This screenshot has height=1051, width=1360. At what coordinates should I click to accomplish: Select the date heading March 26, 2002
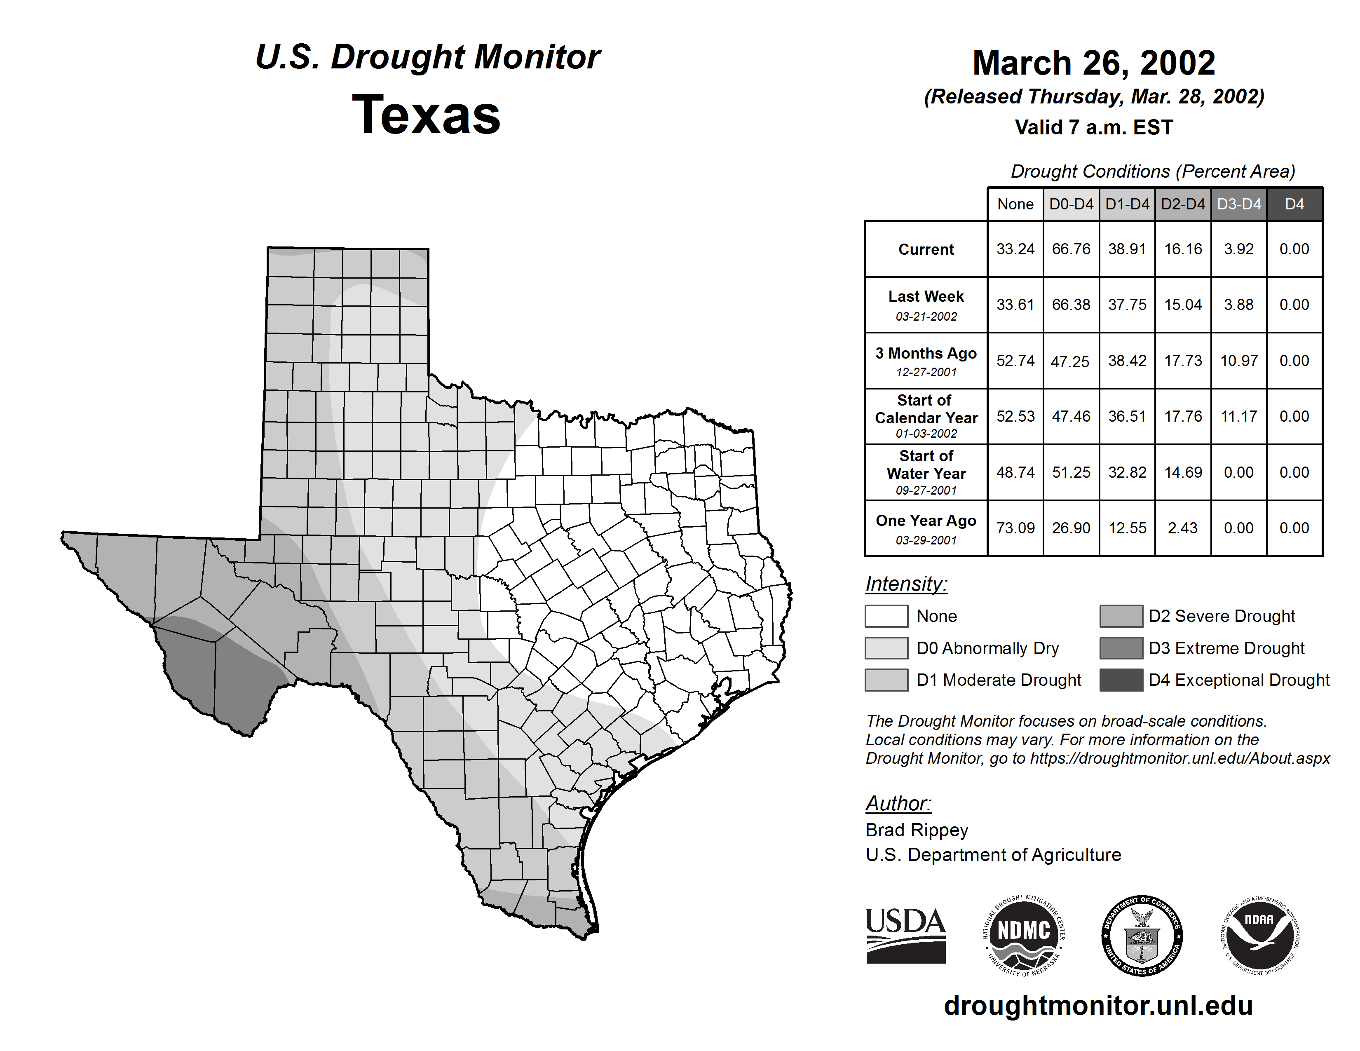pyautogui.click(x=1093, y=63)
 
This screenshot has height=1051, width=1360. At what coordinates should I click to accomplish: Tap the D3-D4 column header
pyautogui.click(x=1238, y=204)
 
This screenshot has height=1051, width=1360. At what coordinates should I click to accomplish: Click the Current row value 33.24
pyautogui.click(x=1015, y=249)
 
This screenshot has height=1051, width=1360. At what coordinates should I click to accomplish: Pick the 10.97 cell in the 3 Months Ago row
pyautogui.click(x=1238, y=361)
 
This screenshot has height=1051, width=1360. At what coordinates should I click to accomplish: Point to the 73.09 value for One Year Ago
pyautogui.click(x=1015, y=528)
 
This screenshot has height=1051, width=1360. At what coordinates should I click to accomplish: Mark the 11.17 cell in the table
pyautogui.click(x=1238, y=417)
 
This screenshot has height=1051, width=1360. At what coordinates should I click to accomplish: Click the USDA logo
pyautogui.click(x=905, y=935)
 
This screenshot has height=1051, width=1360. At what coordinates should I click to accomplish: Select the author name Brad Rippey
pyautogui.click(x=917, y=830)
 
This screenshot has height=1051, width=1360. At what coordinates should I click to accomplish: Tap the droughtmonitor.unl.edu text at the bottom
pyautogui.click(x=1098, y=1006)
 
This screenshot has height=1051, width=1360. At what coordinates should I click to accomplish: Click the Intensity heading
pyautogui.click(x=906, y=584)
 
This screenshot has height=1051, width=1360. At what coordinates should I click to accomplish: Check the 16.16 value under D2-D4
pyautogui.click(x=1182, y=249)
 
